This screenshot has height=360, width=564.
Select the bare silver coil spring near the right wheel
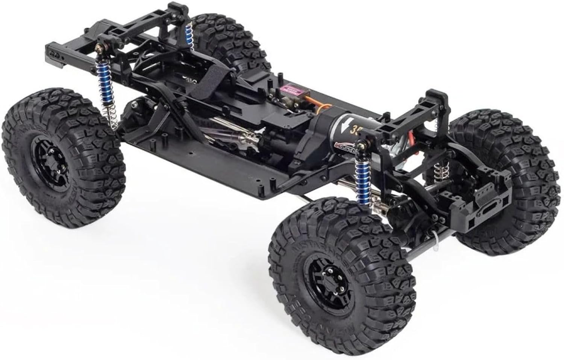pyautogui.click(x=438, y=171)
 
